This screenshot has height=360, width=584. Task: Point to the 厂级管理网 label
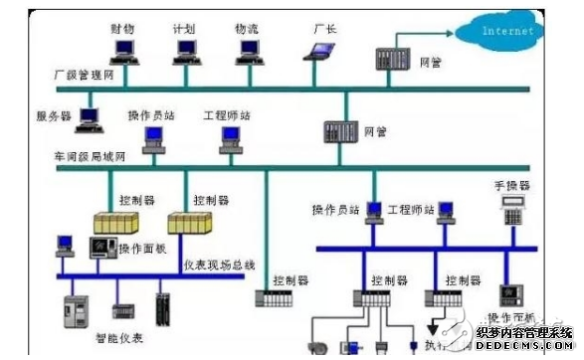[x=83, y=76]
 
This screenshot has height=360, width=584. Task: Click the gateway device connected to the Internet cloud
[x=390, y=59]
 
